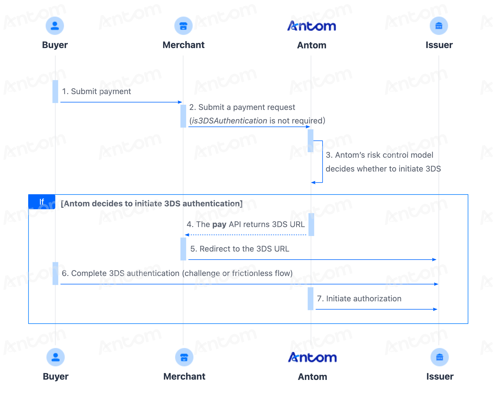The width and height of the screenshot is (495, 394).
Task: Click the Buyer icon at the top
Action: pos(55,26)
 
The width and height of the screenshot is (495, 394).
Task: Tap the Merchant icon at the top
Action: pos(183,26)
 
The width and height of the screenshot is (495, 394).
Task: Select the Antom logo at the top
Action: pos(312,26)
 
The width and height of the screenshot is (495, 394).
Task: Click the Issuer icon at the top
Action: pos(439,26)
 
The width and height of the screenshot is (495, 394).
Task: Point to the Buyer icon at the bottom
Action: pos(55,357)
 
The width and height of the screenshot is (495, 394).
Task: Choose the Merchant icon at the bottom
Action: pos(184,357)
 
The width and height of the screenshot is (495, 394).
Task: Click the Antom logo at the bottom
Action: pos(312,357)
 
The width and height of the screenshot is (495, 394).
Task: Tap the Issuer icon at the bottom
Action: pos(440,357)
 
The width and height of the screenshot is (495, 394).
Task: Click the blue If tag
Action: pos(42,202)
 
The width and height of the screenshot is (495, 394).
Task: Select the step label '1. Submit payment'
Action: pos(97,92)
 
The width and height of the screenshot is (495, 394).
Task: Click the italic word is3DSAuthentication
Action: pos(230,121)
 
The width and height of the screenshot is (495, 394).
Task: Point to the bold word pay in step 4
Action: pos(219,225)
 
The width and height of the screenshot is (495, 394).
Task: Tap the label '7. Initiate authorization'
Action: pos(359,299)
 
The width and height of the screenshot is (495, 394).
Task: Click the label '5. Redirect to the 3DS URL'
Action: pos(240,249)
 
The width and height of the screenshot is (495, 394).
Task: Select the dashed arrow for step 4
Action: pos(246,235)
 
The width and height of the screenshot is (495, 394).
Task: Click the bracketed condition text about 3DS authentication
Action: pos(152,204)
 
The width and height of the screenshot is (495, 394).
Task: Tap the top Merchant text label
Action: pos(184,45)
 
